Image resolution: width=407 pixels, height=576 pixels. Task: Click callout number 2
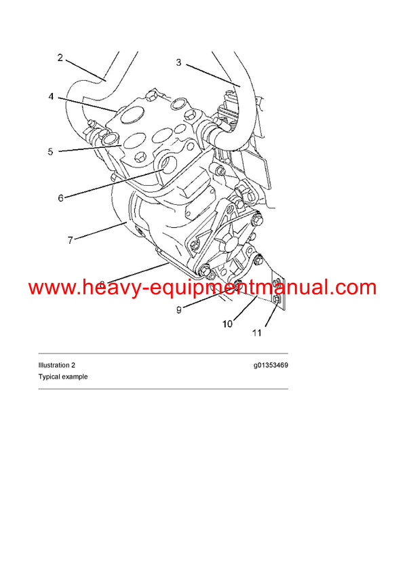(x=60, y=58)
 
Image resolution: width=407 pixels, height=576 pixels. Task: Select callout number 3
(x=178, y=62)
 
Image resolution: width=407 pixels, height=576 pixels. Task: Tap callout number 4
(x=51, y=97)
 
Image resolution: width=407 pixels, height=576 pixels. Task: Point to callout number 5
(x=50, y=151)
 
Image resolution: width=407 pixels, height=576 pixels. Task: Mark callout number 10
(x=227, y=324)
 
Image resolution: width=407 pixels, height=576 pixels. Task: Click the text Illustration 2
(x=56, y=365)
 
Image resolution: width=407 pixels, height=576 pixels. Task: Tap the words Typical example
(x=63, y=377)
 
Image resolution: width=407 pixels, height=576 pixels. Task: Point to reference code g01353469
(x=271, y=365)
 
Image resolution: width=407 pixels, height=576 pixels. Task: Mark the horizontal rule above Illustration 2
(x=163, y=353)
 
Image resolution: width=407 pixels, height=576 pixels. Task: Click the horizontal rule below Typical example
(x=163, y=389)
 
